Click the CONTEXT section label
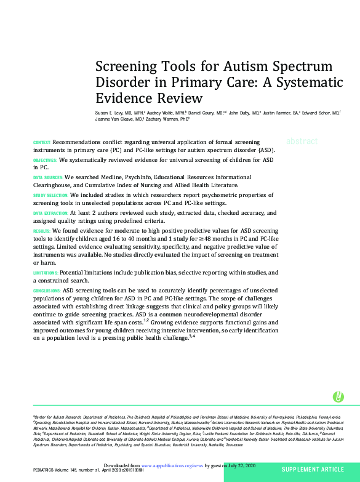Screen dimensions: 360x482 point(42,142)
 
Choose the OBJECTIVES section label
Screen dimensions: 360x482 point(44,159)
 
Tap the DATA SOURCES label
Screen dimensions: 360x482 point(47,177)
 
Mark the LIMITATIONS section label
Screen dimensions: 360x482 point(46,272)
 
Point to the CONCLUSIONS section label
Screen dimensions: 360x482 point(47,290)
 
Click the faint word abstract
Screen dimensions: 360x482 point(302,141)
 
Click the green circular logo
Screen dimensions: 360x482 point(338,397)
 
